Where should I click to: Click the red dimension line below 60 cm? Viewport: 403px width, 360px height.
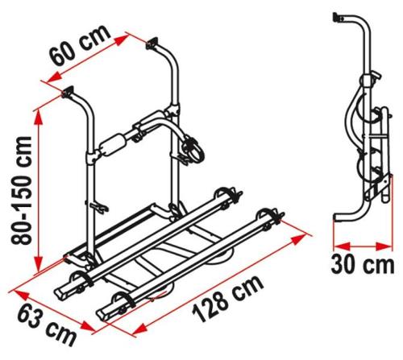click(97, 60)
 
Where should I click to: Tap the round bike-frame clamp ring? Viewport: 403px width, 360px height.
click(193, 150)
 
